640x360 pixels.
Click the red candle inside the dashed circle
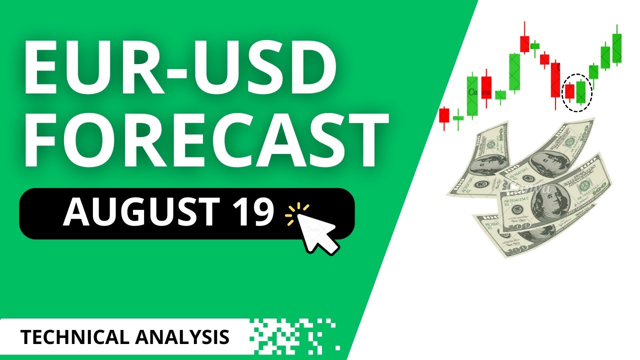pos(569,91)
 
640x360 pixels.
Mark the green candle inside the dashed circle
pos(580,91)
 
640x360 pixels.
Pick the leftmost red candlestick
pos(444,115)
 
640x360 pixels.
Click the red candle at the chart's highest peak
pos(524,44)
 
